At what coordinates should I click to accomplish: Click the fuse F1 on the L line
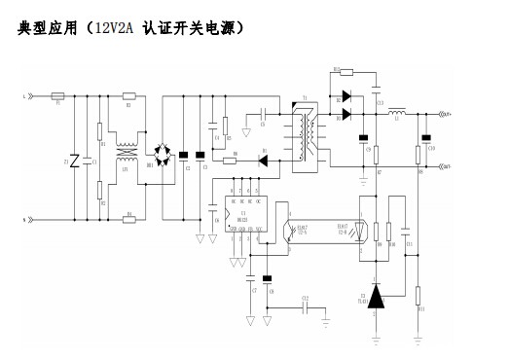59,96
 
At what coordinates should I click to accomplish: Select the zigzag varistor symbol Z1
74,161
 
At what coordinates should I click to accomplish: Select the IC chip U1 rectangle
245,215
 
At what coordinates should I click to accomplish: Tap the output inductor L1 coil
398,115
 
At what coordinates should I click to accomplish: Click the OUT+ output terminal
448,115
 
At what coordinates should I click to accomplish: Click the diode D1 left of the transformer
263,162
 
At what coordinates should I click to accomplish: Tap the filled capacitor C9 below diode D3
364,137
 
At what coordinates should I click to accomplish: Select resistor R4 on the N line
129,220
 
